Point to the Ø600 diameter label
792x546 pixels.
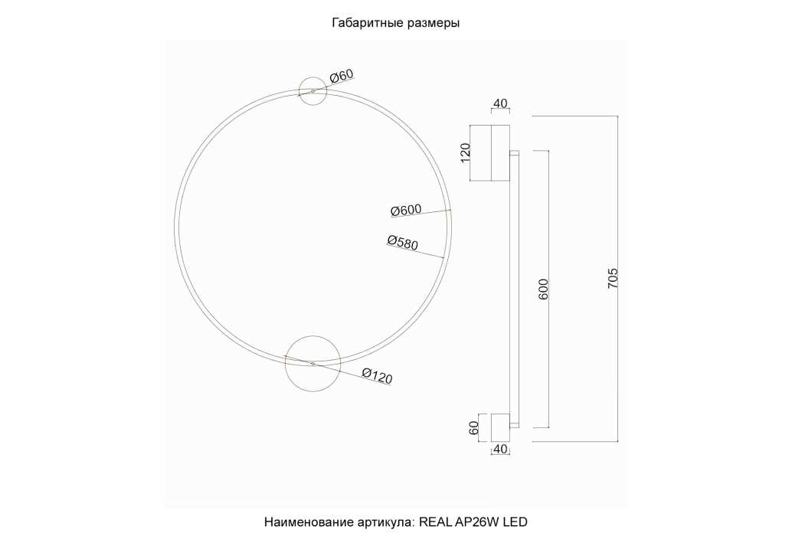(x=406, y=211)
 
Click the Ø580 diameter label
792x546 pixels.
(x=403, y=243)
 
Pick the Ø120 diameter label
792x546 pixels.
(x=377, y=375)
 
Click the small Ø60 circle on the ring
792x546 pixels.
(x=313, y=91)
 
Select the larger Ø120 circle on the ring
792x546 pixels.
(x=313, y=363)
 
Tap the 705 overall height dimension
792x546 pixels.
(x=612, y=278)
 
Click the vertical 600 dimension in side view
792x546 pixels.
(x=544, y=289)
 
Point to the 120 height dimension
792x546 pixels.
(x=464, y=153)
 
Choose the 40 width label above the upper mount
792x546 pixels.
(x=500, y=104)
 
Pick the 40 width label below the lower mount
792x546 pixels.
(x=500, y=449)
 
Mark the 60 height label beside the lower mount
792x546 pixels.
(x=474, y=427)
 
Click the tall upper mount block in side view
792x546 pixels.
(x=490, y=153)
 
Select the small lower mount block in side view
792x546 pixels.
(x=499, y=427)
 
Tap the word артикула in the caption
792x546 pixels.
(x=385, y=522)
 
